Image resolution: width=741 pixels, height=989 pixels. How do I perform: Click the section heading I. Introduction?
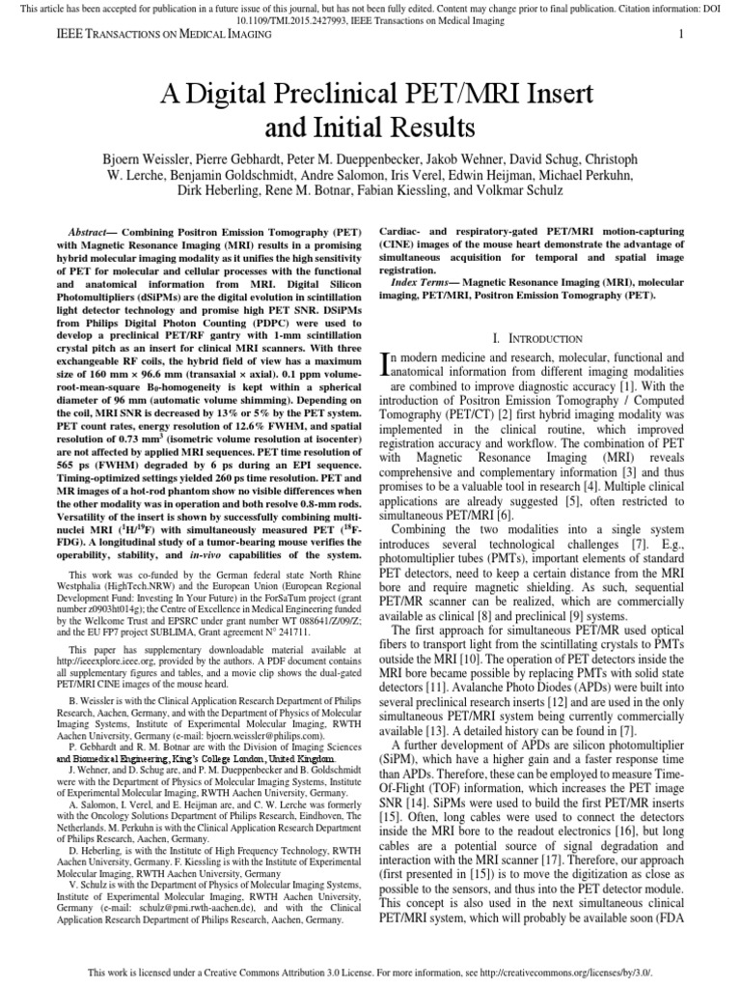tap(536, 338)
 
